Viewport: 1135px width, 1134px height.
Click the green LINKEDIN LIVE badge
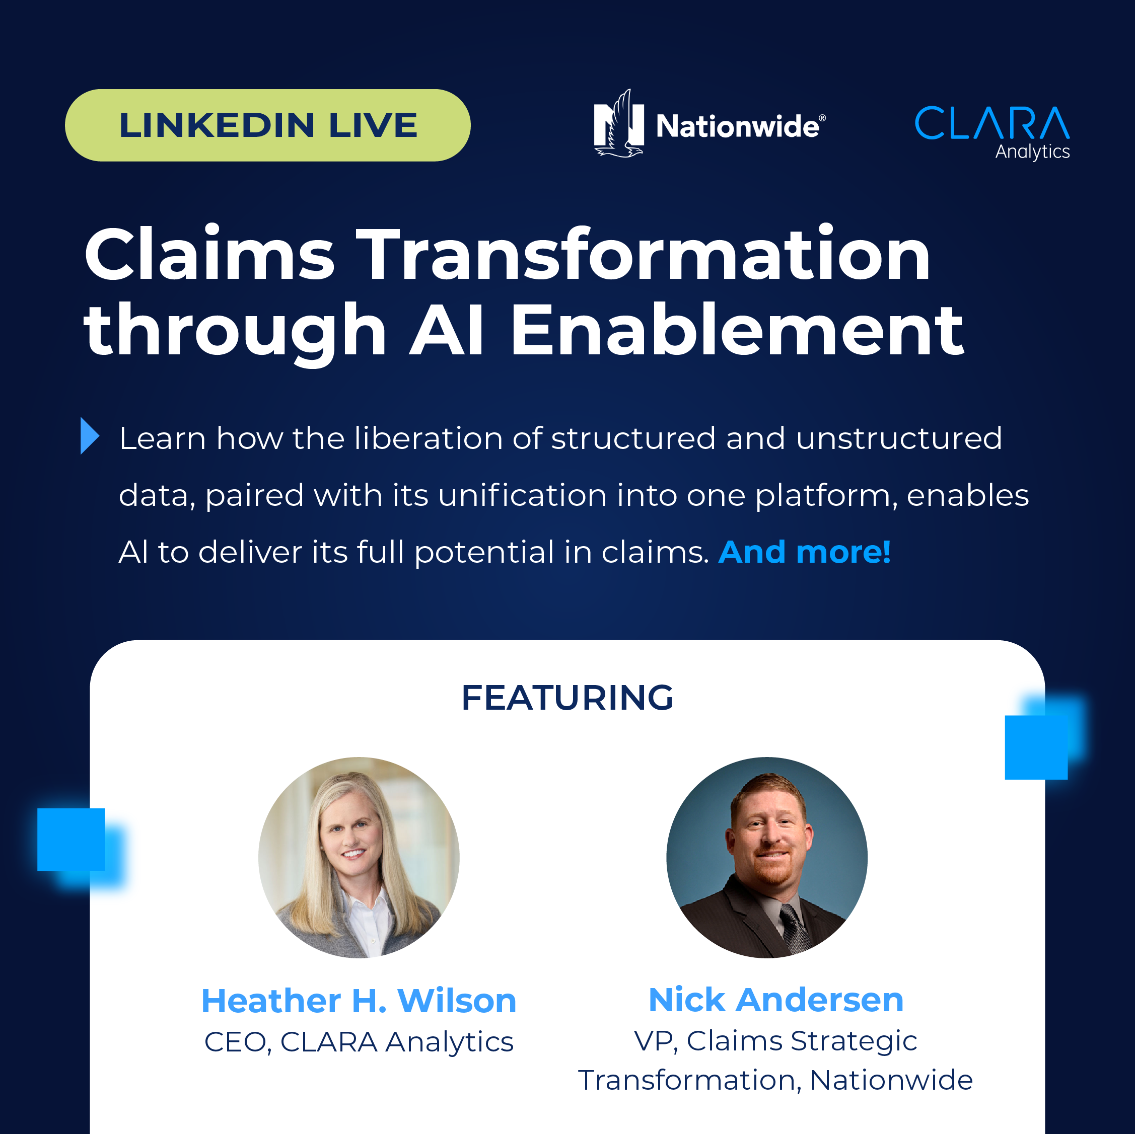(x=267, y=125)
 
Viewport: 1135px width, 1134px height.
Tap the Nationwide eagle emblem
(x=618, y=124)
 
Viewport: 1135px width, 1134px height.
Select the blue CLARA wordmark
(x=992, y=123)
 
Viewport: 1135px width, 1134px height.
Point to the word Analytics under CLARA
(x=1032, y=152)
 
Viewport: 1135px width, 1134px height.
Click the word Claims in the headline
(x=209, y=254)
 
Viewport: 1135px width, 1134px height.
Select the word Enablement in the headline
(x=737, y=330)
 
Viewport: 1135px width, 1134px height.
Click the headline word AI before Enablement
(x=447, y=331)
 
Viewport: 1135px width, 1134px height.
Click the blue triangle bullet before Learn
(x=89, y=436)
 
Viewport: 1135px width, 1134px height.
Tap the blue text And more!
(x=804, y=552)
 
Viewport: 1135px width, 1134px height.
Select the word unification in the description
(x=522, y=495)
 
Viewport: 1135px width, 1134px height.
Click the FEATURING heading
(x=567, y=698)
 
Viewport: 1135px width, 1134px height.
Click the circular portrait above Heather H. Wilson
(x=359, y=857)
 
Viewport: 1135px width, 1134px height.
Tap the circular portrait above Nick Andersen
(x=766, y=857)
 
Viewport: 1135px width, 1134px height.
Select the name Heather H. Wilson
(x=359, y=1001)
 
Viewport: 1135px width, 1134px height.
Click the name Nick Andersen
(x=776, y=1000)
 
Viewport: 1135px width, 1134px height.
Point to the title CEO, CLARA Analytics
(x=359, y=1042)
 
